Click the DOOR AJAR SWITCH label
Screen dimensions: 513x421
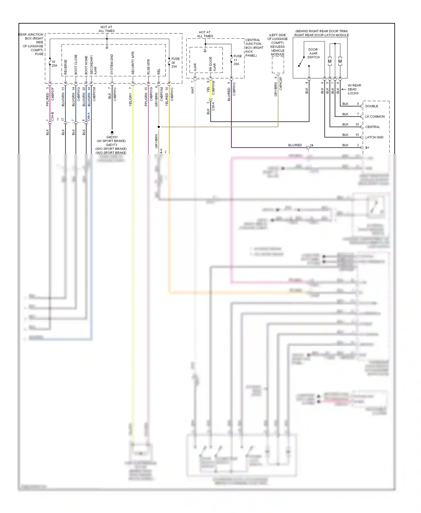(x=313, y=53)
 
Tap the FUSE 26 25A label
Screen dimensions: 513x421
(x=175, y=63)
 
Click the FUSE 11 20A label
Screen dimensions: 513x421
(x=237, y=60)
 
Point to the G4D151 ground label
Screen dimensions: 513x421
(x=112, y=137)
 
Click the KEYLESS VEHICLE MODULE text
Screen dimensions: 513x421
(x=277, y=51)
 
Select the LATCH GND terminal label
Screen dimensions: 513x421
(x=374, y=137)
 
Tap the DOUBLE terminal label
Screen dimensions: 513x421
(x=372, y=106)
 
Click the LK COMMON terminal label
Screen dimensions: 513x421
(x=375, y=116)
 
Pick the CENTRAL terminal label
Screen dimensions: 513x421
(x=372, y=127)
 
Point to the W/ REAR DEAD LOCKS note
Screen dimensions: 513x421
(x=354, y=89)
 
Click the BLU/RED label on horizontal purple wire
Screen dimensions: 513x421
(x=295, y=145)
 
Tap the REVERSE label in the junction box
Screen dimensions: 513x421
(x=66, y=67)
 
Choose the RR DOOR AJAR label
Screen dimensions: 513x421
(x=212, y=64)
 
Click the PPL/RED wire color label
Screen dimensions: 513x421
(x=47, y=100)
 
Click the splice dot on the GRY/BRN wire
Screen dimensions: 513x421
(x=159, y=127)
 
